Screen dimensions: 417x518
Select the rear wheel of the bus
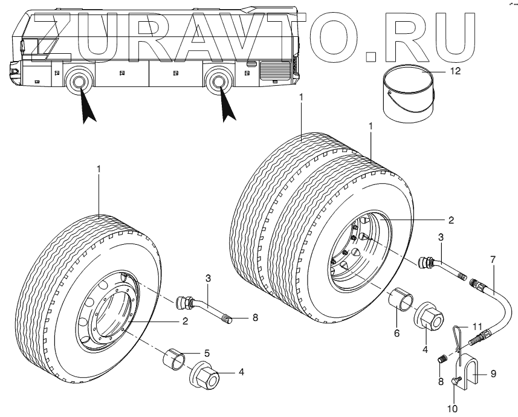tap(218, 83)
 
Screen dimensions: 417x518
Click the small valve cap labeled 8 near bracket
tap(441, 360)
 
